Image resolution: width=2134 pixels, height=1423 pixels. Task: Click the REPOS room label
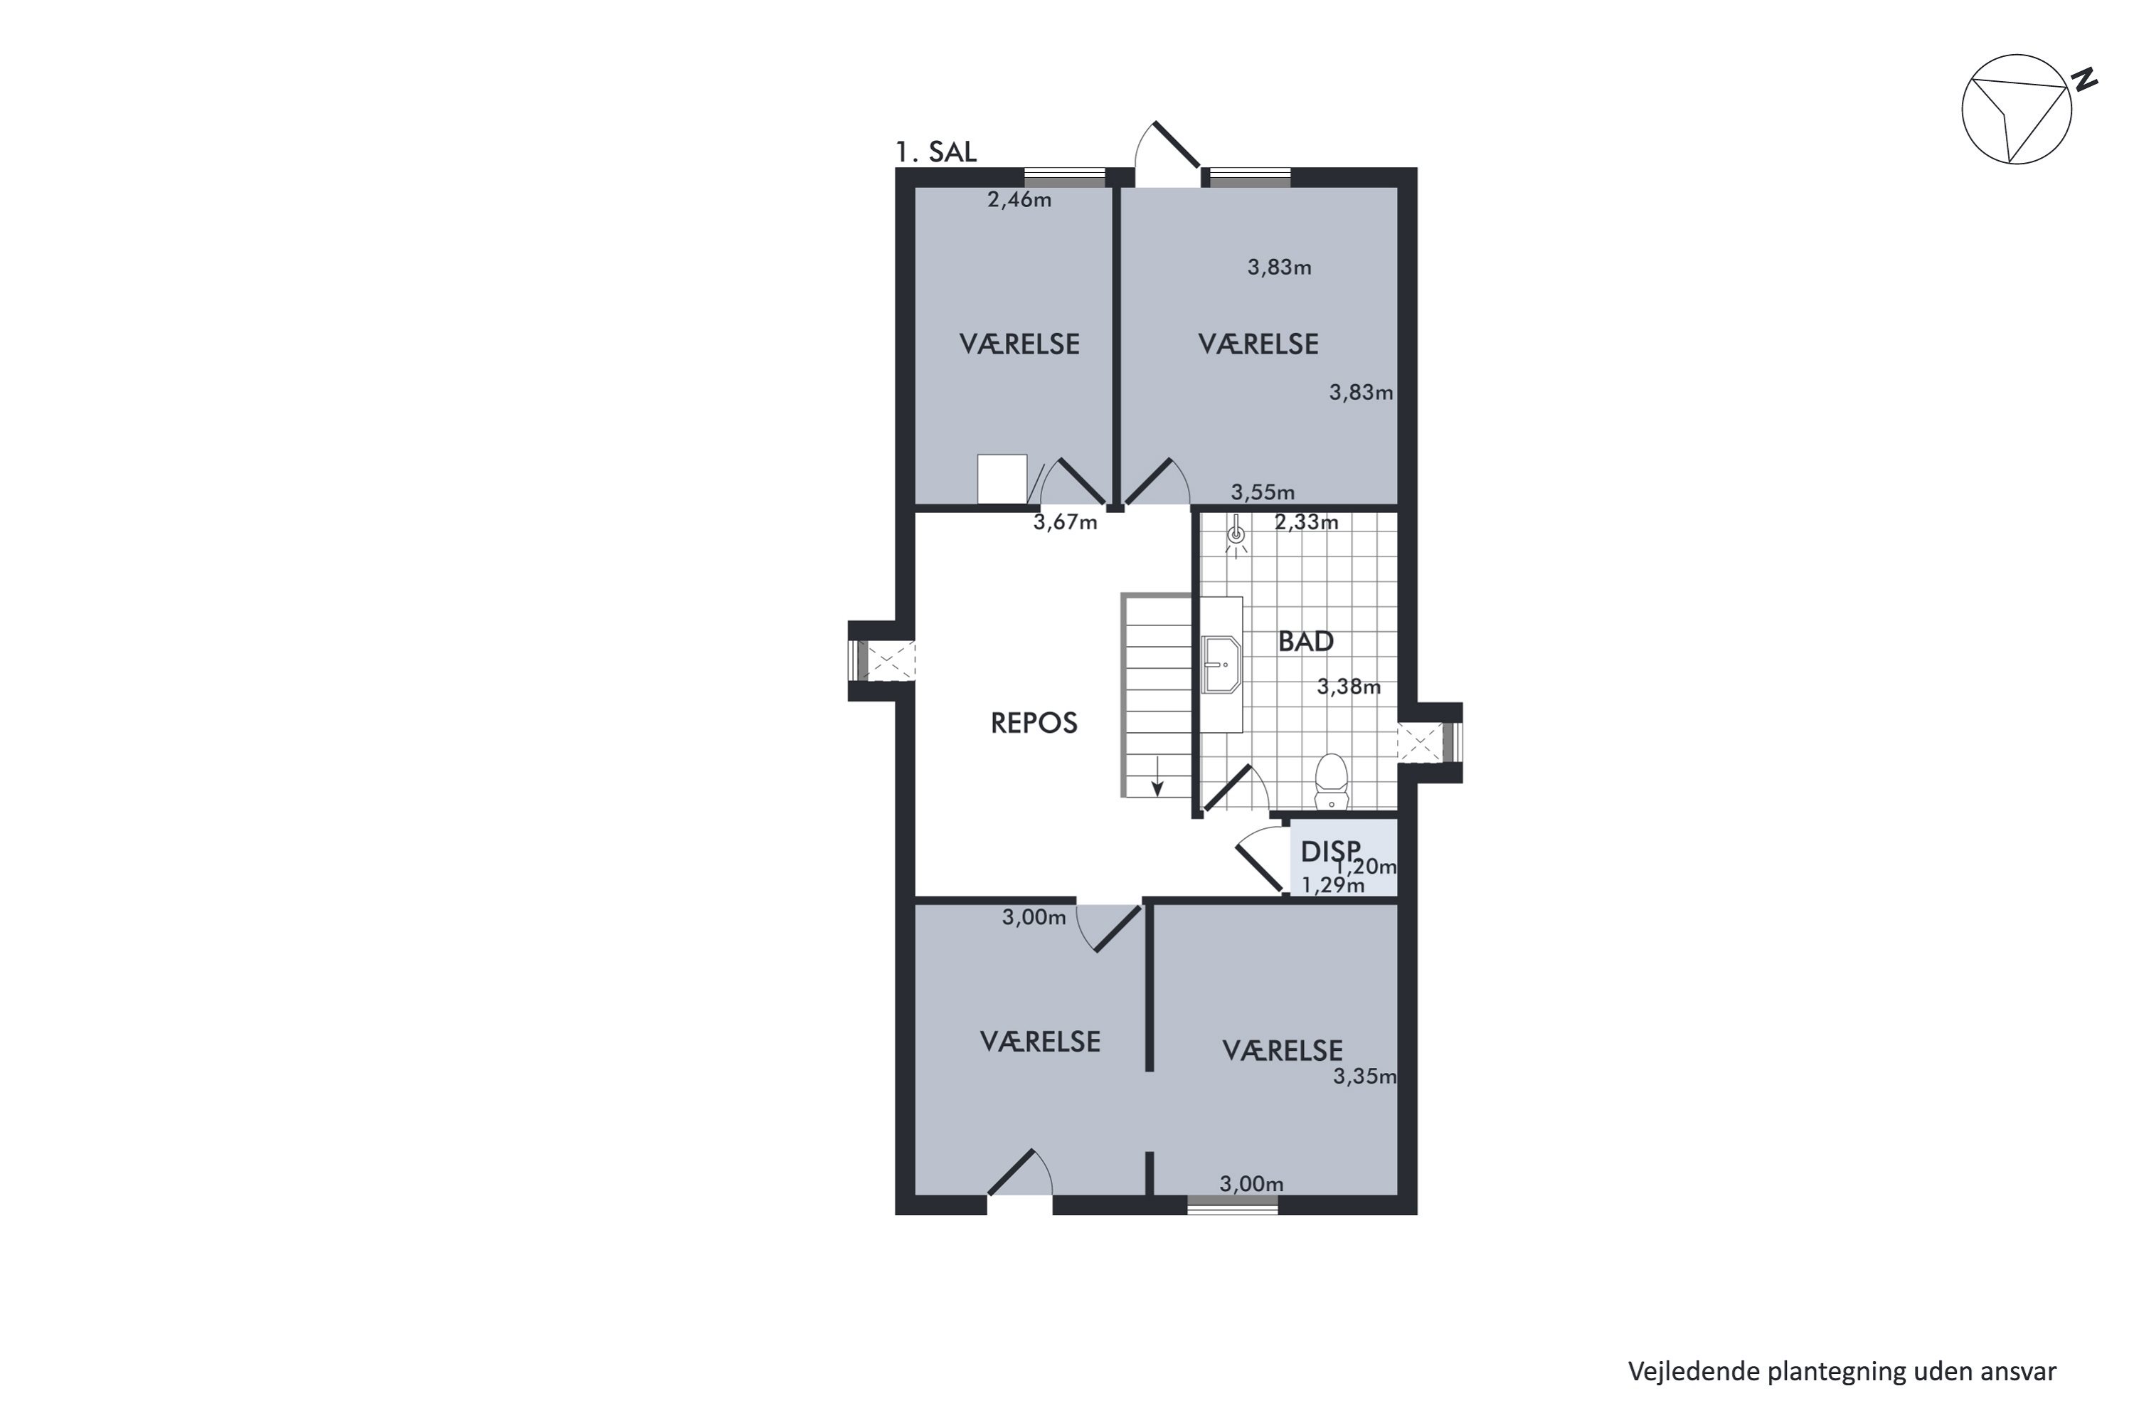point(1034,724)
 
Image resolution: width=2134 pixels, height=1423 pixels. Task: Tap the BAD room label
point(1305,642)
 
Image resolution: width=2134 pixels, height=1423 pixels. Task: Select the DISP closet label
point(1330,851)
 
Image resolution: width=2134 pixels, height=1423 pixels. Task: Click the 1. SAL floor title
point(935,152)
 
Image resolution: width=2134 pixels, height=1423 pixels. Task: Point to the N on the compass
point(2086,80)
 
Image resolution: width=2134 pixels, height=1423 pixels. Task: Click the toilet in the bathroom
point(1331,781)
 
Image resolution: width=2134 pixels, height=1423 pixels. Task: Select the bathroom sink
point(1221,665)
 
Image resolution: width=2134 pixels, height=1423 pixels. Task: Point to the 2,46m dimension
point(1019,200)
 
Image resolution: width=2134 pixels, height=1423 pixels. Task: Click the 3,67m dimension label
point(1065,523)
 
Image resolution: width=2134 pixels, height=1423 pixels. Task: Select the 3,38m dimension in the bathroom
point(1348,687)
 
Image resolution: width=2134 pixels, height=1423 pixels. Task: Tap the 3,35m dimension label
point(1364,1076)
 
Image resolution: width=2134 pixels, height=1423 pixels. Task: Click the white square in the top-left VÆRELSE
point(1002,479)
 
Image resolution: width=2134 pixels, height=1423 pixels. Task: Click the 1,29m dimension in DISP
point(1333,886)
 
